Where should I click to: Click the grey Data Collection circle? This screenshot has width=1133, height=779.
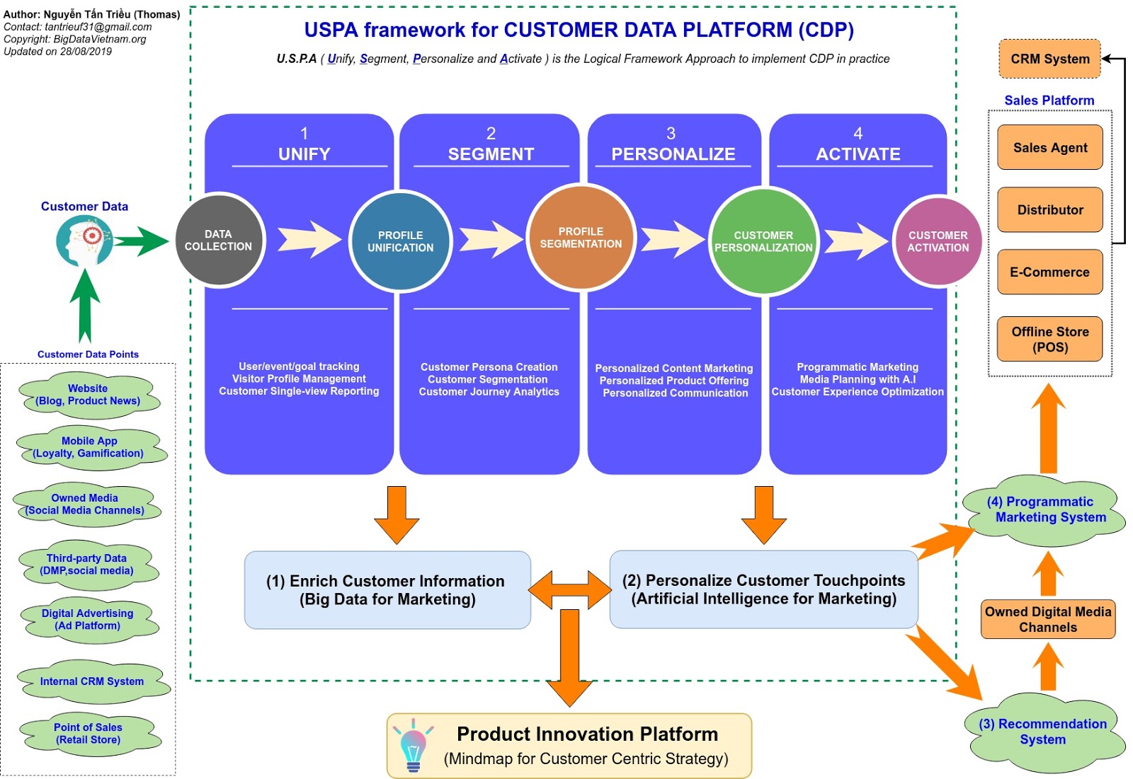coord(219,241)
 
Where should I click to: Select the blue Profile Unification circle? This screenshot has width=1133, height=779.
coord(400,241)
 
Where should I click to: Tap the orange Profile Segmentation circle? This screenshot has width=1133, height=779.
coord(581,238)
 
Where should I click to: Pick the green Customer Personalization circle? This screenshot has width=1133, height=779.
coord(763,241)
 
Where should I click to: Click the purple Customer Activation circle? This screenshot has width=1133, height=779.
coord(938,241)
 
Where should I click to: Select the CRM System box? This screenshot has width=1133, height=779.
coord(1049,59)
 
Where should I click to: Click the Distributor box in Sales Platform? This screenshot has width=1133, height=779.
coord(1049,210)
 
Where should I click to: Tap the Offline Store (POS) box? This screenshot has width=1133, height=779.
coord(1049,340)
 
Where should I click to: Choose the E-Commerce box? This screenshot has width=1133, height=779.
coord(1049,272)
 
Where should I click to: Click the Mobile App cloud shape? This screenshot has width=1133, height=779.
coord(89,447)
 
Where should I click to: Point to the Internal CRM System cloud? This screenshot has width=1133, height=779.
coord(92,682)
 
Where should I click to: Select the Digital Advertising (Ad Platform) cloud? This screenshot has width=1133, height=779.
coord(88,620)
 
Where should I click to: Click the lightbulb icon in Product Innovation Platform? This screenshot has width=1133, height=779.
coord(413,746)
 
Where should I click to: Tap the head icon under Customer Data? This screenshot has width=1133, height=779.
coord(84,241)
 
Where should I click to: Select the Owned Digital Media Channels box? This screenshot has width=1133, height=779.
coord(1048,620)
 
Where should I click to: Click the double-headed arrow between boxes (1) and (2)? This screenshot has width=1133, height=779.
coord(570,589)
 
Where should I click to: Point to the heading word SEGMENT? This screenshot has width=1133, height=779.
coord(491,154)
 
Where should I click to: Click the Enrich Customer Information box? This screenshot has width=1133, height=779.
coord(387,590)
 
